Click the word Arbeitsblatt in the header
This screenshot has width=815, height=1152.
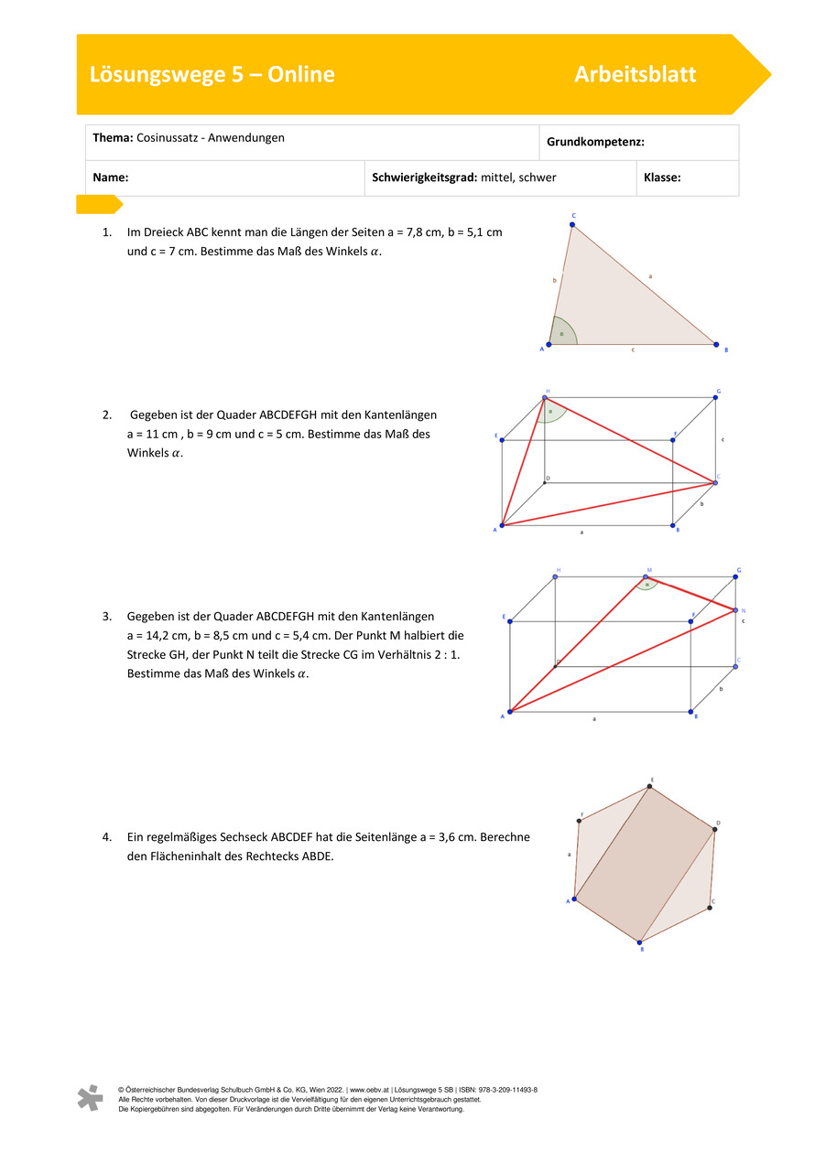point(635,75)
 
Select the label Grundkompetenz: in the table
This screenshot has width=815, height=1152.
point(595,142)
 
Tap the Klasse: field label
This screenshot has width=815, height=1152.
point(662,178)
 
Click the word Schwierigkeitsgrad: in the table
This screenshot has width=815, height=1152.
point(424,178)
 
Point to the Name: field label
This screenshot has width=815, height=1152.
point(110,178)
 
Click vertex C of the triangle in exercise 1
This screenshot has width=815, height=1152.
point(573,225)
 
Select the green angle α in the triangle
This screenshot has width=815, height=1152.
point(562,333)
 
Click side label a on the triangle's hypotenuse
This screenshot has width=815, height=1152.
point(650,275)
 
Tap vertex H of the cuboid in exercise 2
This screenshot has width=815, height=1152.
point(545,398)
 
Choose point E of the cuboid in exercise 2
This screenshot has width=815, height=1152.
point(502,439)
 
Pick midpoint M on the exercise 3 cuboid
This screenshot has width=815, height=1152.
point(646,577)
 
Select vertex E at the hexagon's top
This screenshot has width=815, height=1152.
point(649,786)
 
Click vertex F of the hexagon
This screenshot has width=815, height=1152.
point(580,821)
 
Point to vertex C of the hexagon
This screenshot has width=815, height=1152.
point(710,907)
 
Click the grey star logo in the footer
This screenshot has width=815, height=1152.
point(89,1098)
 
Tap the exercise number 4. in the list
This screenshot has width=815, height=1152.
point(107,836)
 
